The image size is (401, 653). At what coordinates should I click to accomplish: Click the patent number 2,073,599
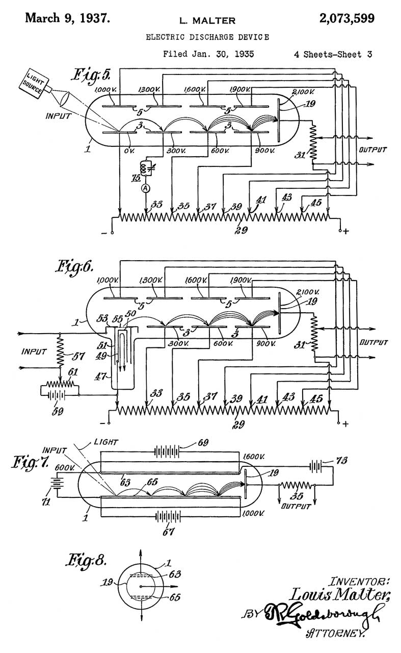tap(346, 19)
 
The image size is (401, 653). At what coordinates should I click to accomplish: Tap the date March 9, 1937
tap(67, 19)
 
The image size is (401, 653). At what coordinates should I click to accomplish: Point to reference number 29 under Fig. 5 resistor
tap(241, 230)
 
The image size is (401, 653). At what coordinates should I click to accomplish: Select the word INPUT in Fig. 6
tap(35, 351)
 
